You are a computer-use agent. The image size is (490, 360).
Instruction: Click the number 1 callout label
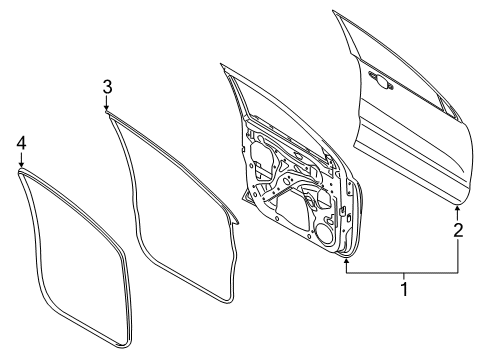click(x=404, y=290)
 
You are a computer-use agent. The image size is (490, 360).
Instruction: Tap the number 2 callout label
click(x=458, y=231)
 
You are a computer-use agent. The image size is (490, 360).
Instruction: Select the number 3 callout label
click(x=107, y=89)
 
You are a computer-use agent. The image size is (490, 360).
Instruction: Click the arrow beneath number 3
click(x=107, y=108)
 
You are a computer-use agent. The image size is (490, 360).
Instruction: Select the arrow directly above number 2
click(x=458, y=211)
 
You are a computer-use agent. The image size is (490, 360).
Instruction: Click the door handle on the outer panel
click(x=381, y=79)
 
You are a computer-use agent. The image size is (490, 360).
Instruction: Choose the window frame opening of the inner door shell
click(x=275, y=100)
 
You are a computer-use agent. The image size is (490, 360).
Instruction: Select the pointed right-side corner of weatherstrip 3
click(x=239, y=217)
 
